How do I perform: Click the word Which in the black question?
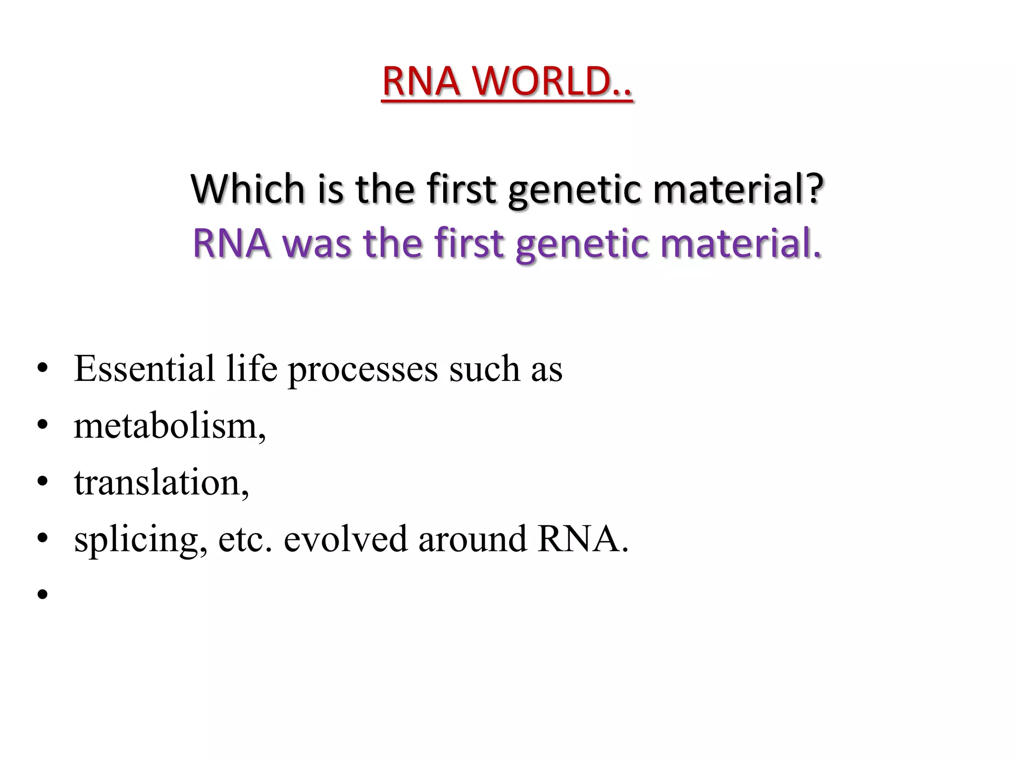pyautogui.click(x=248, y=189)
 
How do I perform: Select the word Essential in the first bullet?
pyautogui.click(x=144, y=369)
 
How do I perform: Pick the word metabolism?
pyautogui.click(x=169, y=426)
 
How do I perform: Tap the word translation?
pyautogui.click(x=160, y=482)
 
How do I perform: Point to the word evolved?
pyautogui.click(x=345, y=539)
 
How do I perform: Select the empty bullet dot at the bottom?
pyautogui.click(x=43, y=594)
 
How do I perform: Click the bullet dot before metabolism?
pyautogui.click(x=43, y=425)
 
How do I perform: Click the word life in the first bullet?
pyautogui.click(x=252, y=369)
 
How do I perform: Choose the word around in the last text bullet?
pyautogui.click(x=472, y=539)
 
